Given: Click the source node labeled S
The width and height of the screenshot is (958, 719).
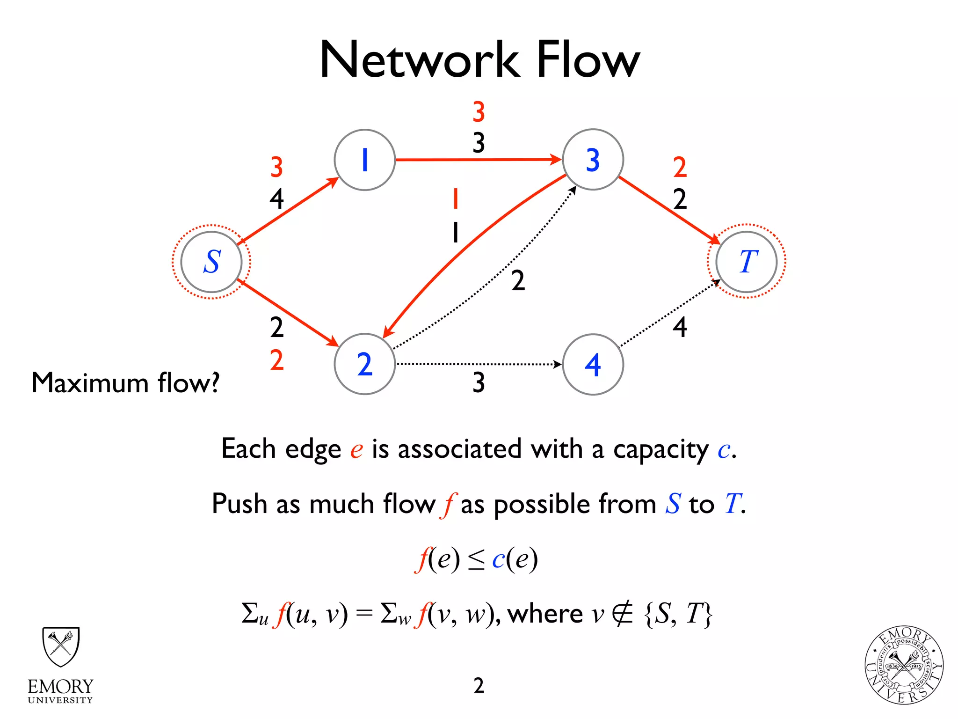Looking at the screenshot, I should click(x=211, y=262).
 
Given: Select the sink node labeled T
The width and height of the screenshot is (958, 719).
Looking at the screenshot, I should click(x=747, y=262).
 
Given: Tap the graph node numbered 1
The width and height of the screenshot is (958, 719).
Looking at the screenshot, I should click(x=364, y=160).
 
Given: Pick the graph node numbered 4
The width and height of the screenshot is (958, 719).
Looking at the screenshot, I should click(x=593, y=364).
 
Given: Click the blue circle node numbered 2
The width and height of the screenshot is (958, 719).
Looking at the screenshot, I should click(x=364, y=364).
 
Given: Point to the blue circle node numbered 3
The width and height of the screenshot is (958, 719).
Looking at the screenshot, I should click(x=593, y=160).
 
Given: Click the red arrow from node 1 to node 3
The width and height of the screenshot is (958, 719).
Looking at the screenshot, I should click(x=477, y=160).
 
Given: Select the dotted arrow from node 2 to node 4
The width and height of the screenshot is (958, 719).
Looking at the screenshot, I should click(x=477, y=364).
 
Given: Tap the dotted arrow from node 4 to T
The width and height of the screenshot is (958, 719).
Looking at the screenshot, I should click(x=669, y=314).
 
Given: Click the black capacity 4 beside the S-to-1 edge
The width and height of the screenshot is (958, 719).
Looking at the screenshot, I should click(x=276, y=199).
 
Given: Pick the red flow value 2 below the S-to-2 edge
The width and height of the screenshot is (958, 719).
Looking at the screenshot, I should click(x=276, y=360).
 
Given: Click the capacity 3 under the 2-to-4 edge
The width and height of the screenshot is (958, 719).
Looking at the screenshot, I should click(x=478, y=382).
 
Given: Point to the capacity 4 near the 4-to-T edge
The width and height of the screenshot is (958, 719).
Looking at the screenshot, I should click(x=680, y=327).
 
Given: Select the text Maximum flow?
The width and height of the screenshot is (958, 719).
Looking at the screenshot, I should click(x=125, y=383).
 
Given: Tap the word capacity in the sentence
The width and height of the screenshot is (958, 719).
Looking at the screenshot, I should click(x=661, y=449).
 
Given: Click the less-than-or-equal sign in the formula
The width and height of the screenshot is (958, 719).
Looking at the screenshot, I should click(x=476, y=560).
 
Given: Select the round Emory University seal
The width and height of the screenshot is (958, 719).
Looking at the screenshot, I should click(x=904, y=665).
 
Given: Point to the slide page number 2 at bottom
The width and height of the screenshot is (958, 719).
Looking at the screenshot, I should click(x=479, y=685).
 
